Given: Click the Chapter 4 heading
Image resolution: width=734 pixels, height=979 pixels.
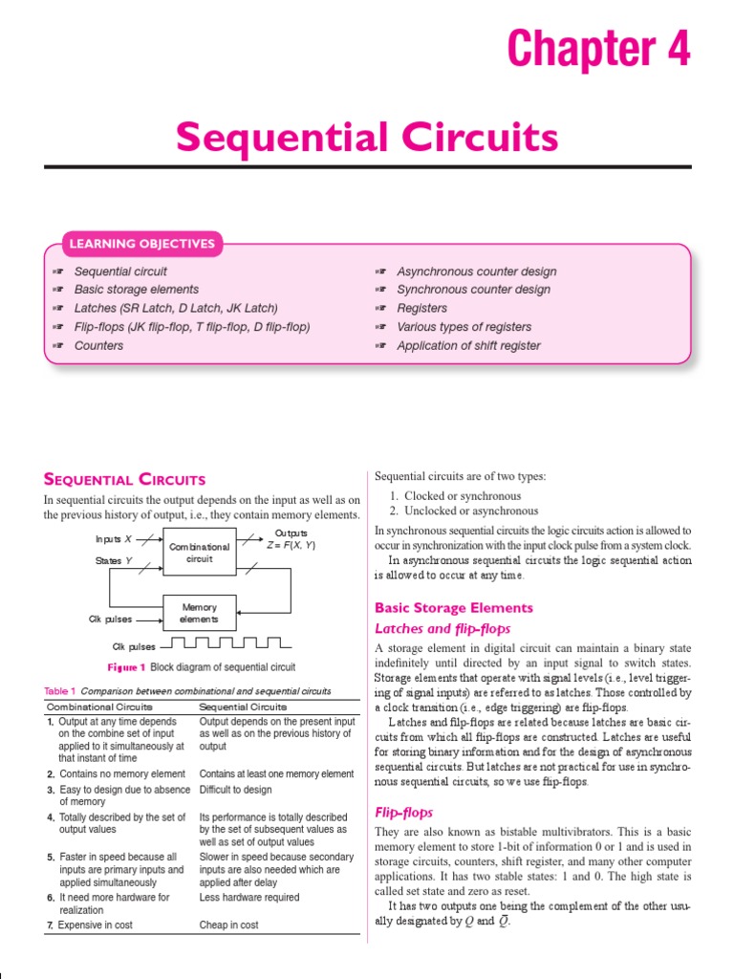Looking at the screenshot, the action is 598,48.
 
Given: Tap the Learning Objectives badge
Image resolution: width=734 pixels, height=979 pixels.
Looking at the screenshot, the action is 140,244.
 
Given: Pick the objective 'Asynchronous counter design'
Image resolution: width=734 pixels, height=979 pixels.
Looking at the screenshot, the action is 476,272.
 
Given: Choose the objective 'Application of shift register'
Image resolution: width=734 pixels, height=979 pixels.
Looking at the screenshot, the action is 468,346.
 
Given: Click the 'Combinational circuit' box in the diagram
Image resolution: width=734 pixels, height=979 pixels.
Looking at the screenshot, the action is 199,552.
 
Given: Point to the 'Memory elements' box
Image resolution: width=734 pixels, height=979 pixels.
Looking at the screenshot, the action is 199,613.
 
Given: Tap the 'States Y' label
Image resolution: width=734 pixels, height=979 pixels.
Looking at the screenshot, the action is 113,560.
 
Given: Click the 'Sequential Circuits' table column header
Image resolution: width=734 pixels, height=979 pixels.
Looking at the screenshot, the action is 242,707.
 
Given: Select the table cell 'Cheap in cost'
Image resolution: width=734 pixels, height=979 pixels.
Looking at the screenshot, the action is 228,925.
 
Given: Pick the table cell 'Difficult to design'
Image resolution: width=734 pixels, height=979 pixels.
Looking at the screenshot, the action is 235,790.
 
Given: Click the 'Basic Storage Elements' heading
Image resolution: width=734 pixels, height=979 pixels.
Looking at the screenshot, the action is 453,608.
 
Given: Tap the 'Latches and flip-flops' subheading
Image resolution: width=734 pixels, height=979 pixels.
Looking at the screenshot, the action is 443,628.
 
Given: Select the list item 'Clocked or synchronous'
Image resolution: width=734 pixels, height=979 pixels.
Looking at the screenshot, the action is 462,496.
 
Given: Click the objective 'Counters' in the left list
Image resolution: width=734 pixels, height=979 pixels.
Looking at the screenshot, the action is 98,346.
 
